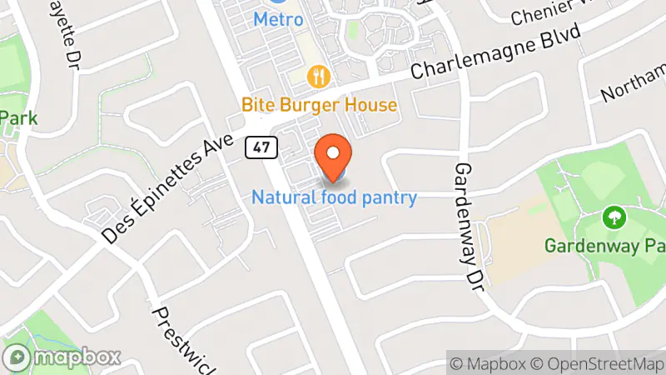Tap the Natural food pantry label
point(334,197)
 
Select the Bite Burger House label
point(319,106)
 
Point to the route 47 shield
point(261,147)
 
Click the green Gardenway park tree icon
point(614,218)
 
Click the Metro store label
point(278,18)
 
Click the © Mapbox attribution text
point(490,364)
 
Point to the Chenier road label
point(549,12)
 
